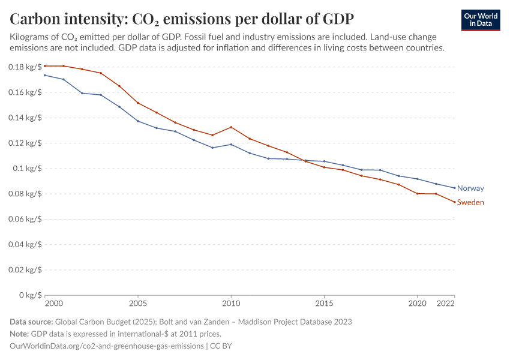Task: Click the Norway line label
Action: pos(470,188)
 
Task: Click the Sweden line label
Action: pos(470,203)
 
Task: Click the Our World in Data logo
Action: pos(481,20)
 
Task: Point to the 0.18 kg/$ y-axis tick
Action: pos(25,67)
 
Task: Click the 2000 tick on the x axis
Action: pos(53,304)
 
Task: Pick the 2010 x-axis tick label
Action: pos(231,304)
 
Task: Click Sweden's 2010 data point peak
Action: pos(231,127)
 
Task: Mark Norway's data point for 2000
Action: pos(45,75)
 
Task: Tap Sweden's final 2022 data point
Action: pos(454,202)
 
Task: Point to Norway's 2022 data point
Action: pos(454,188)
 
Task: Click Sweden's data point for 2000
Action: pos(45,66)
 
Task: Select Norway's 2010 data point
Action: pos(231,145)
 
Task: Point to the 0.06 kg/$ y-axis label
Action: pos(25,219)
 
